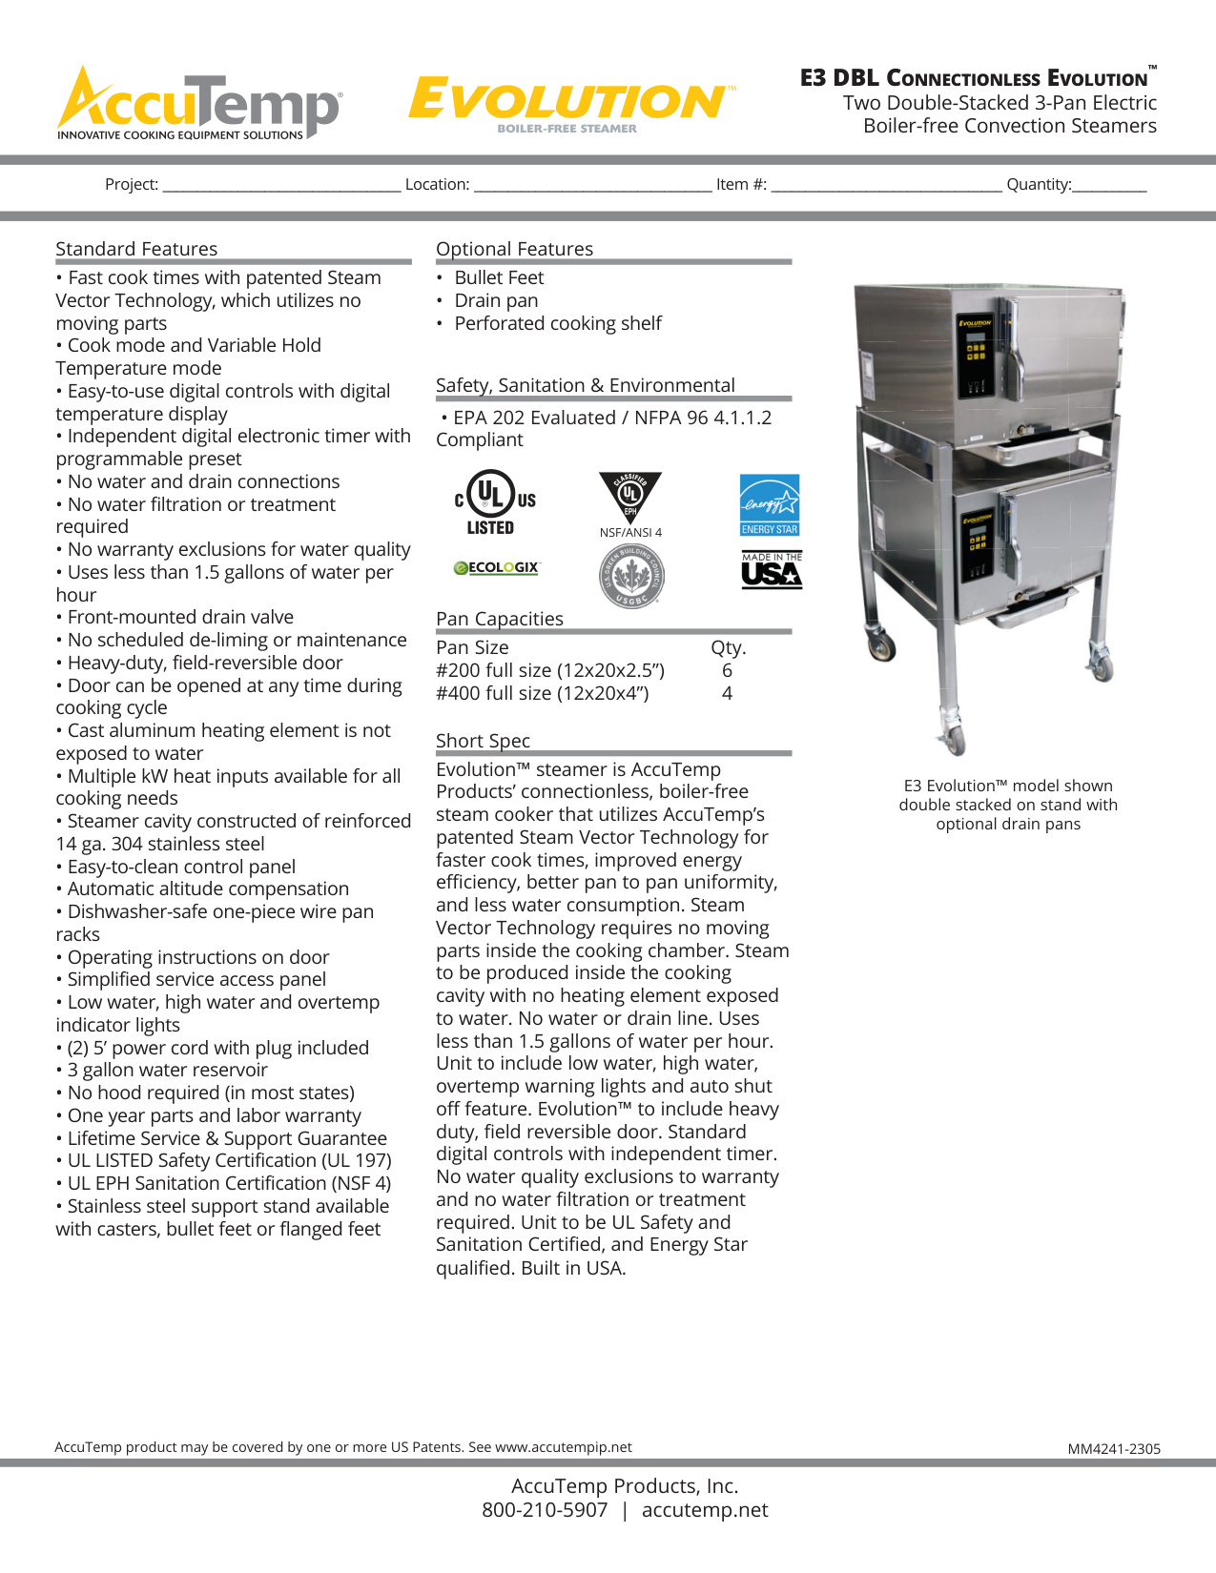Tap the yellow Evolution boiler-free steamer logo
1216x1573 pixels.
click(569, 103)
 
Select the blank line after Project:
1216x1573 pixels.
click(281, 186)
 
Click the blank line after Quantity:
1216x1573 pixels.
click(1109, 186)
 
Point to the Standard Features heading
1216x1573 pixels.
click(136, 250)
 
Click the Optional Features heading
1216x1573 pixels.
click(514, 250)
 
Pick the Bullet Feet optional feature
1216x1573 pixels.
click(499, 278)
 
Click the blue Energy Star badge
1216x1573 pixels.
click(770, 505)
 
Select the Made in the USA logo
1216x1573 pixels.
click(772, 570)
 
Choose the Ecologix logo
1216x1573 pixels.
click(496, 568)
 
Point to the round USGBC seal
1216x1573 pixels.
click(631, 576)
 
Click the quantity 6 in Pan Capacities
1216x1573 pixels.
click(727, 671)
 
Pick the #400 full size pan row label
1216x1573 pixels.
click(542, 694)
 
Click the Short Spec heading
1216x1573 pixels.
click(483, 742)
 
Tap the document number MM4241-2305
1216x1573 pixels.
click(1114, 1449)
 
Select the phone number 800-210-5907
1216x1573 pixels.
click(545, 1510)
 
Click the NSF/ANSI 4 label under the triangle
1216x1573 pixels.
click(630, 533)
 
